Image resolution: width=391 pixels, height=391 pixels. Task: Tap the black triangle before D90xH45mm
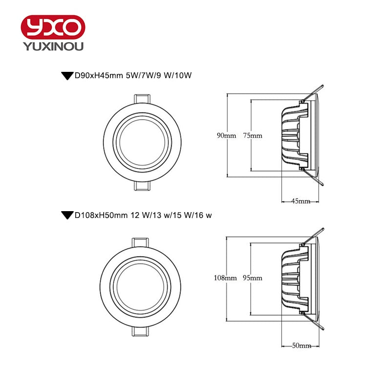tap(66, 76)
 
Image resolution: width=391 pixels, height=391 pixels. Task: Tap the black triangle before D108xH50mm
tap(66, 215)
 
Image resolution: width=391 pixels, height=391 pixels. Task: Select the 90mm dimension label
tap(227, 136)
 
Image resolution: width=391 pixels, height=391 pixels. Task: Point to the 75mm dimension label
tap(252, 136)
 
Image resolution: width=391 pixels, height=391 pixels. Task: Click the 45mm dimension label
tap(301, 201)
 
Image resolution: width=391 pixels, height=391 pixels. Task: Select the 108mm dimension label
tap(225, 278)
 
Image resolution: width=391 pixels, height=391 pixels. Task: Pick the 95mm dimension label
tap(252, 278)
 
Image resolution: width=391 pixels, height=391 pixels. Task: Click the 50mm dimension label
tap(301, 346)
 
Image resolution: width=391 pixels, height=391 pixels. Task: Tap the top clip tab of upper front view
tap(143, 98)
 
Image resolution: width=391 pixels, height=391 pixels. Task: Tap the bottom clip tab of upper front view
tap(143, 187)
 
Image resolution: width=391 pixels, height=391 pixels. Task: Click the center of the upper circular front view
tap(143, 143)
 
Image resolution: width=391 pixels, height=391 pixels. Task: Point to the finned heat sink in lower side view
tap(294, 278)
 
